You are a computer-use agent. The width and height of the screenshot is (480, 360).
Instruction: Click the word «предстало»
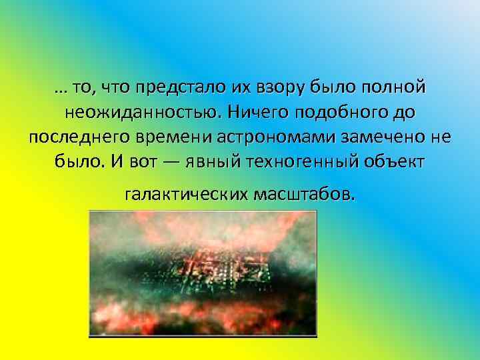[175, 88]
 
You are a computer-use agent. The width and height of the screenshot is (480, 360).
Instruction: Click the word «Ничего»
[253, 113]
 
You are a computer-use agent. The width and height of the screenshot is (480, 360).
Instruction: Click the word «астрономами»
[277, 137]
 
